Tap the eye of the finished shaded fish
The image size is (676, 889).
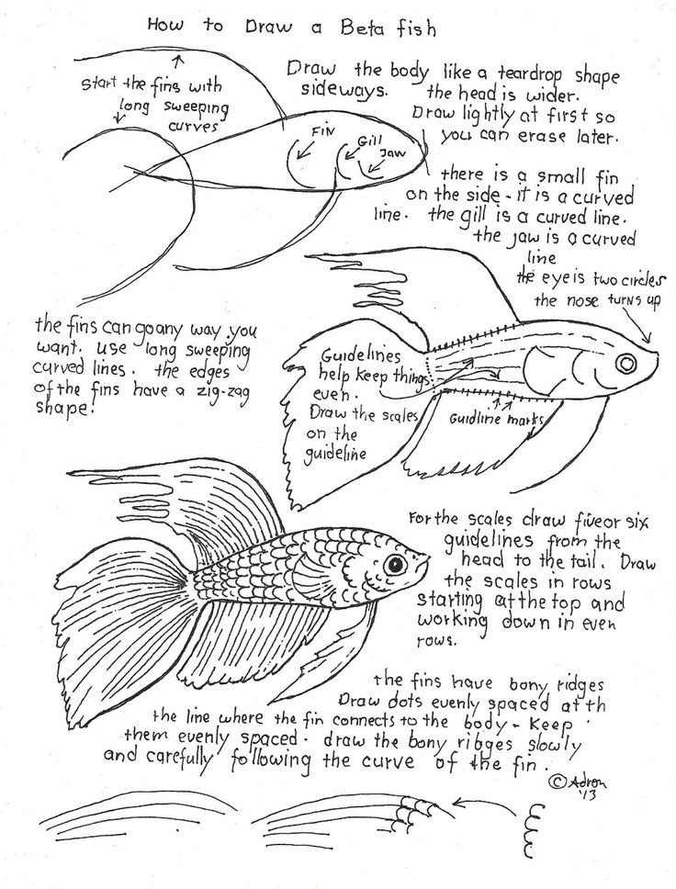coord(395,564)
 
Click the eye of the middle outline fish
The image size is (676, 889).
coord(627,362)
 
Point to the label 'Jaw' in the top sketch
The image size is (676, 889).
coord(392,152)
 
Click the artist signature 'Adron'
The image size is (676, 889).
coord(588,782)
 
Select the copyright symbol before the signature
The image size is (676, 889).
coord(558,782)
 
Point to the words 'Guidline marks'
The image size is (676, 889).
coord(496,420)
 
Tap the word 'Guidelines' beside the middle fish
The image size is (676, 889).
coord(361,356)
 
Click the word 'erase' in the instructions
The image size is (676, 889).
coord(532,137)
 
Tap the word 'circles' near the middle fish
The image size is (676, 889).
coord(639,280)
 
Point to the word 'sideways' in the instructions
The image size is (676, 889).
coord(344,89)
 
